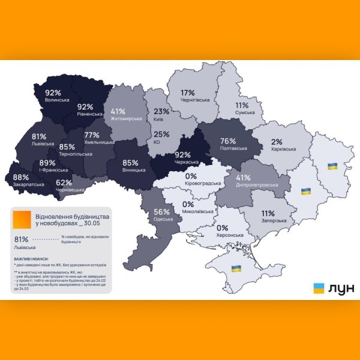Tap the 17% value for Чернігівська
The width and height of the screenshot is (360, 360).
coord(187,93)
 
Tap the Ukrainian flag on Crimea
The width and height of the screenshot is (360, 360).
coord(236,267)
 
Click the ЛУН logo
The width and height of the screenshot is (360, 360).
coord(333,288)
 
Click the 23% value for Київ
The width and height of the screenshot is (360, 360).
coord(161,111)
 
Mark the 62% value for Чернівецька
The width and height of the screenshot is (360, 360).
coord(64,183)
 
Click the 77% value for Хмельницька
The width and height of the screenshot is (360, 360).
coord(92,135)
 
